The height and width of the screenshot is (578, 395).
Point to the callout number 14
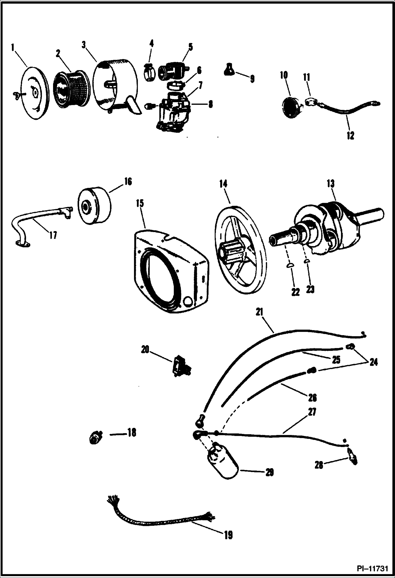223,184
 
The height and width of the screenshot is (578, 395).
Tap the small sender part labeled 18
94,438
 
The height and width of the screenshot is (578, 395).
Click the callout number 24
373,363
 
